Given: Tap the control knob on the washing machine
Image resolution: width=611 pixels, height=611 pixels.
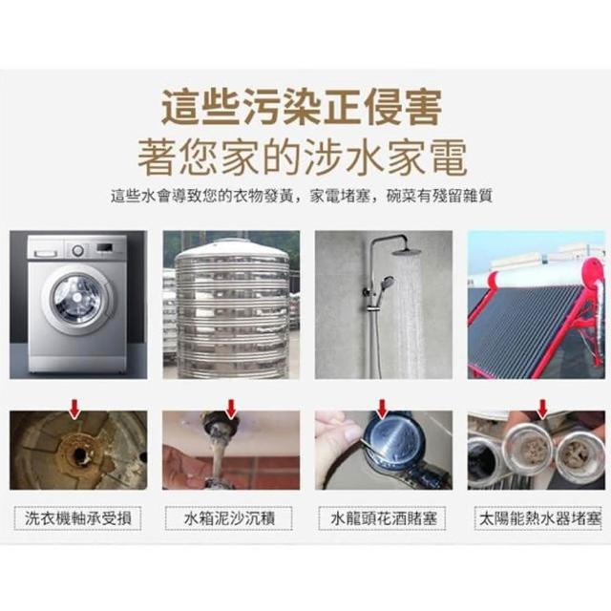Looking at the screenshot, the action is tap(77, 250).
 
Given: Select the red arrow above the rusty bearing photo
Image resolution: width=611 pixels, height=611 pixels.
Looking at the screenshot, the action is tap(74, 410).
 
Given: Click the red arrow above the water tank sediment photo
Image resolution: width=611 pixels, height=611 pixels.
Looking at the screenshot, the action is tap(231, 409).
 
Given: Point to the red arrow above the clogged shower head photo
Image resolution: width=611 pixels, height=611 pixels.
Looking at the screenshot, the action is tap(382, 409).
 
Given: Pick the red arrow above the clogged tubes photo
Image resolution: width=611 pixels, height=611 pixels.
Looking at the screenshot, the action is tap(542, 409).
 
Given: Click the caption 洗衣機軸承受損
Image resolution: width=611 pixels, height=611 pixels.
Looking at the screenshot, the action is tap(78, 518).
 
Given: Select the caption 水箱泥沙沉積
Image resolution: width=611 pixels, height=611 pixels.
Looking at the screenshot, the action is tap(229, 518).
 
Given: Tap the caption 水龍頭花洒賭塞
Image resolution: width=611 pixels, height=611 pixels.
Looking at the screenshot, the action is tap(384, 518).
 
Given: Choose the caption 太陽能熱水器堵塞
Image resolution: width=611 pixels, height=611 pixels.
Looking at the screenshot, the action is tap(540, 518).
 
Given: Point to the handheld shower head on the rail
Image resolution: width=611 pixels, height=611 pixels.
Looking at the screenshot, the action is tap(386, 282).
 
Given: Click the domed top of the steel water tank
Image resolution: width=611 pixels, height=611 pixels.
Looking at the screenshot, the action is tap(233, 249).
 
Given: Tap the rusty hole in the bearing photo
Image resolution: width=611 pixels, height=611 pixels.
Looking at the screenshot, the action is tap(79, 454).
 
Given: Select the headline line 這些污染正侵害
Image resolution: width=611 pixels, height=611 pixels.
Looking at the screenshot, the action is tap(302, 107).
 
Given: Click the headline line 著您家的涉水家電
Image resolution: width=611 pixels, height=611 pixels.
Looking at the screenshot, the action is tap(302, 158).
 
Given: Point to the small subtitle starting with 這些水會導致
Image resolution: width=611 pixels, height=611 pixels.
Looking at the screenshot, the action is tap(302, 196).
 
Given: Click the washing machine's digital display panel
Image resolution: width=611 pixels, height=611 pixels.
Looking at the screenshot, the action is tap(105, 247).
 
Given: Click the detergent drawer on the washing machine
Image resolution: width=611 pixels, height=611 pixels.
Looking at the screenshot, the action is tap(46, 250).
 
